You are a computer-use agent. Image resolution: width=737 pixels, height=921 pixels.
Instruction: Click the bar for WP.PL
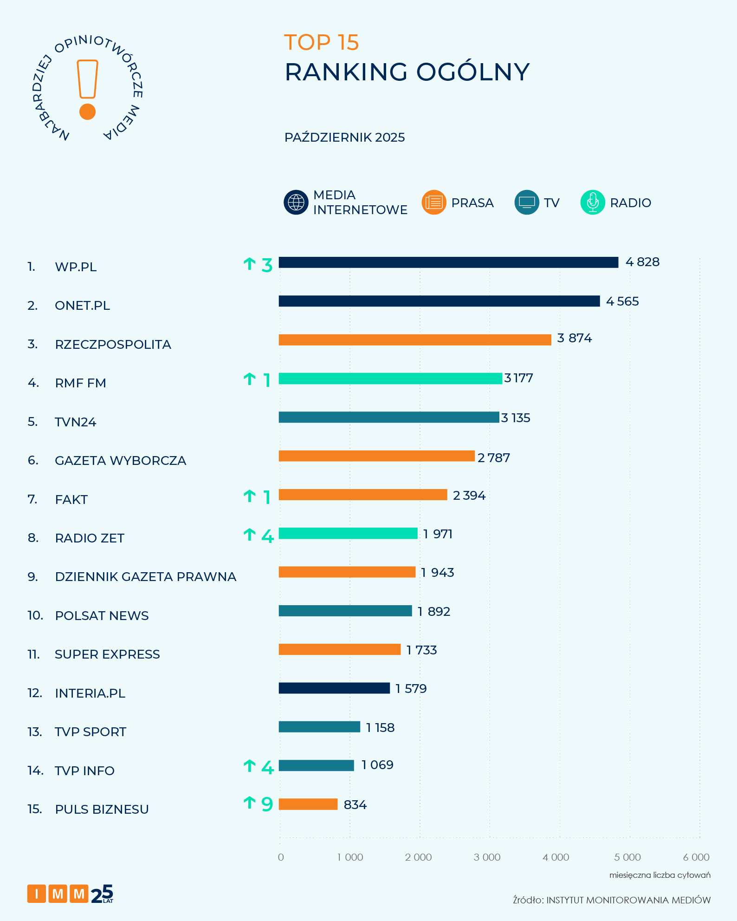click(448, 262)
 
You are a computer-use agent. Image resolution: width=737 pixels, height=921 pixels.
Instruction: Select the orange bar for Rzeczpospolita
click(414, 340)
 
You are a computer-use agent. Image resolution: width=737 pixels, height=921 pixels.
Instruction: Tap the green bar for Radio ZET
click(348, 533)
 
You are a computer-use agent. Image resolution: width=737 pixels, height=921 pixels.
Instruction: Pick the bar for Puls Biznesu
click(308, 804)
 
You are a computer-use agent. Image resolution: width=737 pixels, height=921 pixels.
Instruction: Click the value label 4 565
click(622, 301)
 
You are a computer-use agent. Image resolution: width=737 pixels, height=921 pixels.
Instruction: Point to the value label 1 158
click(380, 727)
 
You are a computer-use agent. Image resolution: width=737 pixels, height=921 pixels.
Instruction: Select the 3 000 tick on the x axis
click(487, 857)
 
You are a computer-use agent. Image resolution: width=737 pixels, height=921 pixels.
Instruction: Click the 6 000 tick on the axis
click(696, 857)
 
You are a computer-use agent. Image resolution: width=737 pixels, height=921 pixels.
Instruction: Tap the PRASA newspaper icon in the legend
click(433, 202)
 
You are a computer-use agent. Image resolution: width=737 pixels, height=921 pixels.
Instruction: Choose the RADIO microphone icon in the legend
click(593, 202)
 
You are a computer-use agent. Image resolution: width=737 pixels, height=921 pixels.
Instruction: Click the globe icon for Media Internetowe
click(296, 202)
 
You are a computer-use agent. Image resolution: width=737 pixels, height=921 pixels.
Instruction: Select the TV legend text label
click(551, 203)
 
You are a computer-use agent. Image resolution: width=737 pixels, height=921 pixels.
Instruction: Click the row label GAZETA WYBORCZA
click(120, 460)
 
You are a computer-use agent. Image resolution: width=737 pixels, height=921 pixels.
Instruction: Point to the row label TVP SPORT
click(91, 732)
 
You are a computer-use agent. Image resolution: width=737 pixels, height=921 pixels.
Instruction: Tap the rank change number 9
click(267, 804)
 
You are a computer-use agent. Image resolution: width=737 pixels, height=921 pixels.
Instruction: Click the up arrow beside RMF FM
click(249, 379)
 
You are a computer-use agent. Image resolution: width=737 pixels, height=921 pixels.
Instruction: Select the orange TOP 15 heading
click(321, 42)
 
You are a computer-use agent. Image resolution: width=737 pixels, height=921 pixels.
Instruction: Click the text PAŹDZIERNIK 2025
click(344, 137)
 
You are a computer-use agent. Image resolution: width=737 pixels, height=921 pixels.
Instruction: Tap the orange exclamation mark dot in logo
click(87, 111)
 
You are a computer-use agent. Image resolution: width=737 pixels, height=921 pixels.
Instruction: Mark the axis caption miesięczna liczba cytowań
click(659, 875)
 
